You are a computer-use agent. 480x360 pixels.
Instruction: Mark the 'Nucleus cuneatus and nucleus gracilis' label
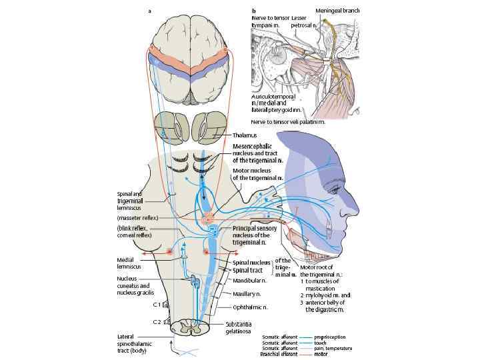(134, 286)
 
